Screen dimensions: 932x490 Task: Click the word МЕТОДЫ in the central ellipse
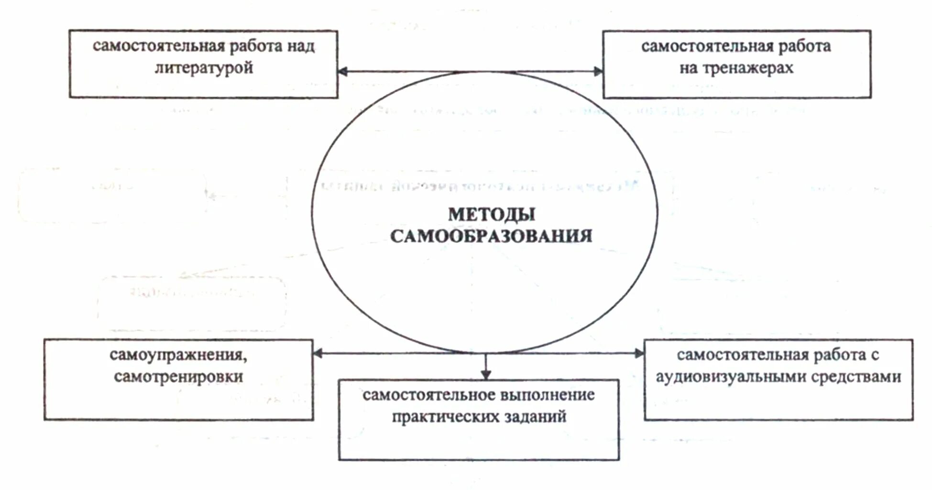click(492, 215)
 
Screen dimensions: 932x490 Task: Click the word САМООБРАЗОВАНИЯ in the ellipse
click(491, 236)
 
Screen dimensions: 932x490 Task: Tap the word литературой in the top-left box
click(204, 68)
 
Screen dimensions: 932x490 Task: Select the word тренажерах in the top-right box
click(748, 68)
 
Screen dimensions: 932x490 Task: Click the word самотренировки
click(178, 377)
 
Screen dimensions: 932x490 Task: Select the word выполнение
click(548, 395)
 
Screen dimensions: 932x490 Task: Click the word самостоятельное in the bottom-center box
click(429, 395)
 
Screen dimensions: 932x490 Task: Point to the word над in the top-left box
click(301, 46)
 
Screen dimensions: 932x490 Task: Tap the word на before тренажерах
click(689, 68)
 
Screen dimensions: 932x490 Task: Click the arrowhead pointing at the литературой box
click(342, 72)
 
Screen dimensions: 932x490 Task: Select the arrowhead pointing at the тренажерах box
click(598, 72)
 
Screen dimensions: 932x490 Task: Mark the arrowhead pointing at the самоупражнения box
click(318, 354)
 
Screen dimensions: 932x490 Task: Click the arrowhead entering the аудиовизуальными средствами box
click(639, 354)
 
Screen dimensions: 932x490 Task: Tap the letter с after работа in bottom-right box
click(875, 355)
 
